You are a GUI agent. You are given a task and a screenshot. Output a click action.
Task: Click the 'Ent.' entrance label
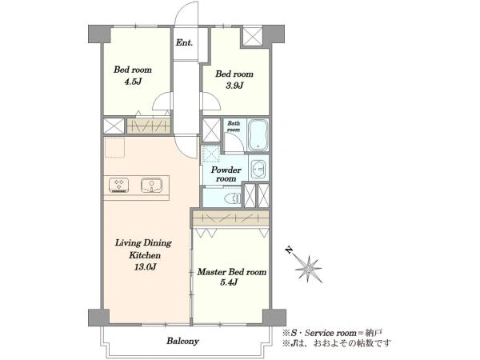pos(184,42)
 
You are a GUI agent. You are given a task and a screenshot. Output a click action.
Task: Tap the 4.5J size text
pos(133,82)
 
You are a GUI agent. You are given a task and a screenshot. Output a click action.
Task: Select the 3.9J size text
pos(234,86)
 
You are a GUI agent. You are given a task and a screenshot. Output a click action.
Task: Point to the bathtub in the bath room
pos(258,135)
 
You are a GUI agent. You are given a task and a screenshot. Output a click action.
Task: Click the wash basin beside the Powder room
pos(259,168)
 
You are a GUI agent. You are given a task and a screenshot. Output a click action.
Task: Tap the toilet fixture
pos(233,198)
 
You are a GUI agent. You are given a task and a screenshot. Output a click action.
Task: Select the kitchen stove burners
pos(118,186)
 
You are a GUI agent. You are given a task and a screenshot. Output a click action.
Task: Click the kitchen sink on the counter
pos(151,186)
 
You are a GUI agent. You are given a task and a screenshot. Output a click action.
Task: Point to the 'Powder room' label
pos(226,174)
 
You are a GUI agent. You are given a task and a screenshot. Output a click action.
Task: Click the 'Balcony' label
pos(182,341)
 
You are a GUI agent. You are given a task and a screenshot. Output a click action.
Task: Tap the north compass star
pos(308,269)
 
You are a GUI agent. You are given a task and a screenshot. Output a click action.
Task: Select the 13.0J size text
pos(146,267)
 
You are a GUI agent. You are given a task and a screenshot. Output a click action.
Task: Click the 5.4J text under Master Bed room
pos(229,282)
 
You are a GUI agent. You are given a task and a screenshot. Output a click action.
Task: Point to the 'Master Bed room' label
pos(231,272)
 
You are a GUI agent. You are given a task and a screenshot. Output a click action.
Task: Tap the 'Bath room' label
pos(234,126)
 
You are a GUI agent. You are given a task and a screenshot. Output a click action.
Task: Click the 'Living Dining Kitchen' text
pos(143,249)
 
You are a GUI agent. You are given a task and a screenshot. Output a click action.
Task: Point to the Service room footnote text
pos(332,333)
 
